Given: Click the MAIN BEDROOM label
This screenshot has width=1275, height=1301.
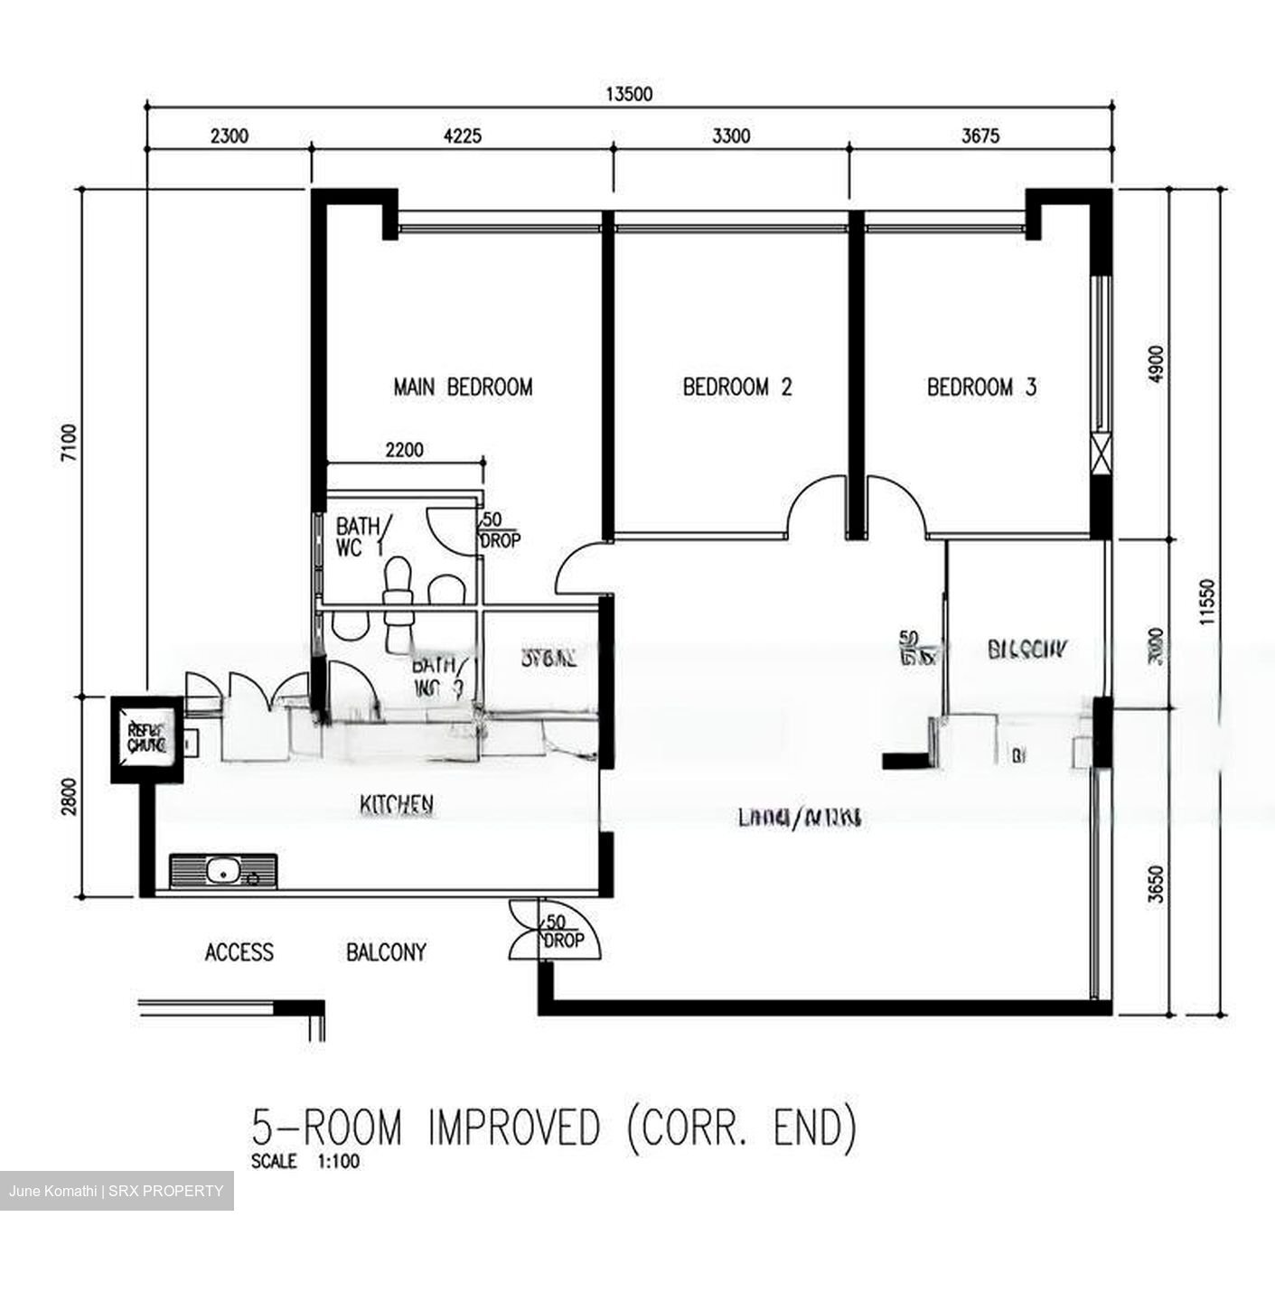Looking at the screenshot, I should click(x=463, y=388).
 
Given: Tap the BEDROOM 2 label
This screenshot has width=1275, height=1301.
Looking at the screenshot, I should click(x=737, y=388).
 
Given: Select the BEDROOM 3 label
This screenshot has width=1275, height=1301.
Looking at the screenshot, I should click(x=981, y=388).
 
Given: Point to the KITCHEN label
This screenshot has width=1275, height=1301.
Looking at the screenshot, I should click(x=397, y=804).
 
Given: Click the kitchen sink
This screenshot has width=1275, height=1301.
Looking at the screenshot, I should click(x=223, y=871).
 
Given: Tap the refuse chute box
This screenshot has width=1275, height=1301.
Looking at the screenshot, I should click(x=145, y=738).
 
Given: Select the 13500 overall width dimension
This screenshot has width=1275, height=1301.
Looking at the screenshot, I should click(x=629, y=94).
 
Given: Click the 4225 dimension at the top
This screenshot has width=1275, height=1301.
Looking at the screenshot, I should click(x=463, y=136).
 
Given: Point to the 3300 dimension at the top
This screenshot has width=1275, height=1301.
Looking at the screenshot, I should click(x=731, y=136).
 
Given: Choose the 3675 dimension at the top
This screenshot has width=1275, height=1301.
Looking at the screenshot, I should click(x=980, y=136).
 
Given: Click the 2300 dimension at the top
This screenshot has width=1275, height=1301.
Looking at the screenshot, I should click(x=229, y=136).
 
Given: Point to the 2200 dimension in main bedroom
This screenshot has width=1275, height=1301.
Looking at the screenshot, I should click(x=403, y=450).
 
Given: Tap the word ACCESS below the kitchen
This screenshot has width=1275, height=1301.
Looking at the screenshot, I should click(x=239, y=952).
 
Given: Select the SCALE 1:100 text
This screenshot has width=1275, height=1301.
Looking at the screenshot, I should click(x=305, y=1162).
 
